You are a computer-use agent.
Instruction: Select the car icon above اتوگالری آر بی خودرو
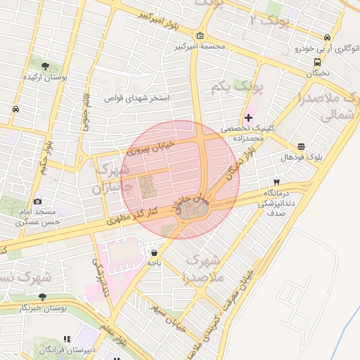(326, 38)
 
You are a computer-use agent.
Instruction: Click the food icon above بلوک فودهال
(302, 146)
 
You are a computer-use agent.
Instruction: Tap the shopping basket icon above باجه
(154, 252)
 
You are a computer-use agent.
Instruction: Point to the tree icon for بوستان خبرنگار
(42, 297)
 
